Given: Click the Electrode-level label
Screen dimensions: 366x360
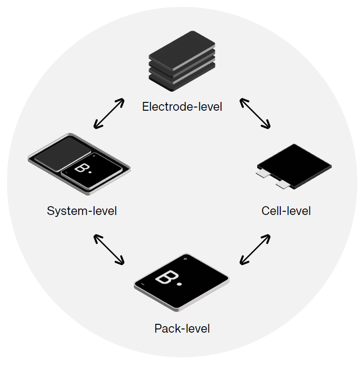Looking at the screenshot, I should pos(182,107).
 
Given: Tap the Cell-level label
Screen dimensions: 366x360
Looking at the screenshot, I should pos(286,211).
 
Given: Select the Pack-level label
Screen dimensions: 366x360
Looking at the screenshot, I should pos(182,329).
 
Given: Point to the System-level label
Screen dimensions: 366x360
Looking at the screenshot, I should pos(82,211).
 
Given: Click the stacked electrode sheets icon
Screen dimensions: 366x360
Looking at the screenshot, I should pos(182,61).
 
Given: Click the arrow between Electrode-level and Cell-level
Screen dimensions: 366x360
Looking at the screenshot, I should pos(254,113).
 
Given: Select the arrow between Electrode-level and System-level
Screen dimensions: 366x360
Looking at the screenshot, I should pos(109,113).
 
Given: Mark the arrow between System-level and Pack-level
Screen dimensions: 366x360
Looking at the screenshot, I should pos(109,250).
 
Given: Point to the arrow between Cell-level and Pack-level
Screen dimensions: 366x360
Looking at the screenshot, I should pos(254,250).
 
